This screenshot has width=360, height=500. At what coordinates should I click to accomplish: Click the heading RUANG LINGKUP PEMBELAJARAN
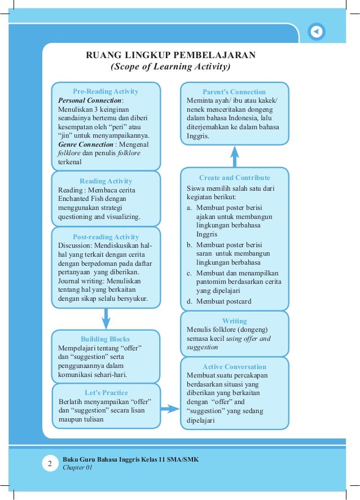[x=170, y=55]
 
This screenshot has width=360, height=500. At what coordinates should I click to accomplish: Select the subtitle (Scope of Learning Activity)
[x=170, y=67]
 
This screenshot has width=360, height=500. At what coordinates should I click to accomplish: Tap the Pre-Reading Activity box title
[x=106, y=91]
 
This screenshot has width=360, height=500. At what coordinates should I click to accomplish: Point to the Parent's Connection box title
[x=234, y=92]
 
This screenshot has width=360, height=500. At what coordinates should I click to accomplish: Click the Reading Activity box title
[x=106, y=181]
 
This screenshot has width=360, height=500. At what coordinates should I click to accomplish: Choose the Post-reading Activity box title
[x=106, y=237]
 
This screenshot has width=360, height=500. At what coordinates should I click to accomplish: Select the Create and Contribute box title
[x=234, y=178]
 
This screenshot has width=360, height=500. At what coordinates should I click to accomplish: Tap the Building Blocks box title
[x=106, y=339]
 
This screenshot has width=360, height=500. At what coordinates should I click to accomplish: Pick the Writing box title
[x=234, y=321]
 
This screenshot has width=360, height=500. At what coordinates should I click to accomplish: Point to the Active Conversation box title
[x=234, y=367]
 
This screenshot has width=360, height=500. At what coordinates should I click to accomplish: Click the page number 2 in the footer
[x=50, y=464]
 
